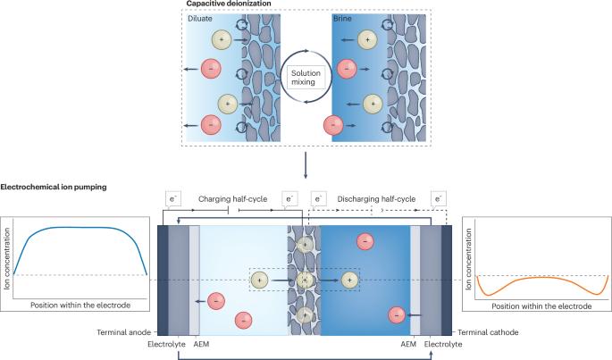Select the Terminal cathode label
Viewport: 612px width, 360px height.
(x=491, y=331)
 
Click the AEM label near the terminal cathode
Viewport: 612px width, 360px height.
(x=409, y=341)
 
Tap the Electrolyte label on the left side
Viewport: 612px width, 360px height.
(x=166, y=341)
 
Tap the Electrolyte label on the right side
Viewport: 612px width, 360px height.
(x=444, y=341)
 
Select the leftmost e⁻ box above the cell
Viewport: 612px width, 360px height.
(x=174, y=198)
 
